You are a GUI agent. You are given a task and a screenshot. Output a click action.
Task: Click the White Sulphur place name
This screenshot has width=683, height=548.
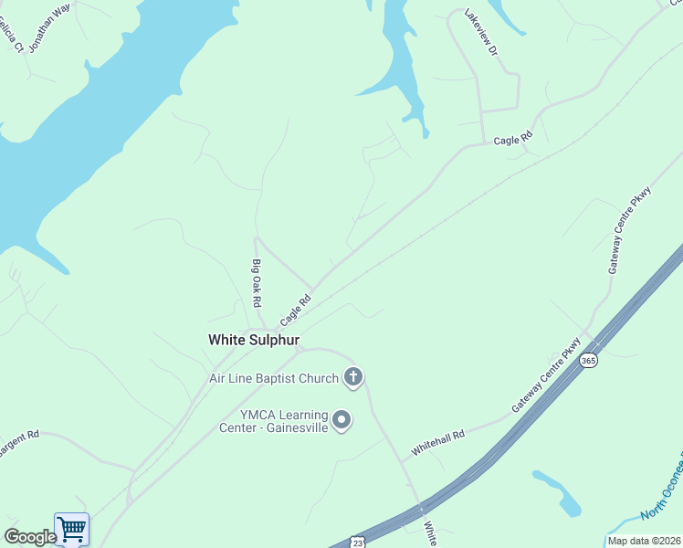coord(254,340)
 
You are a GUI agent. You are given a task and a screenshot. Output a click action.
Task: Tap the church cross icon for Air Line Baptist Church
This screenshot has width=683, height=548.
coord(353,376)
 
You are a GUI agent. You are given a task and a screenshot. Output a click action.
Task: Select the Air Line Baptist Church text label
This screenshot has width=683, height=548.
coord(274,377)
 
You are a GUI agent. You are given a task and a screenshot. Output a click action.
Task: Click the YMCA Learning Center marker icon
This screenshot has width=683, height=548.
coord(341,420)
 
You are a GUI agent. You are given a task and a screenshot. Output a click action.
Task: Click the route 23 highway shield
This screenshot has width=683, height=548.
coord(358,542)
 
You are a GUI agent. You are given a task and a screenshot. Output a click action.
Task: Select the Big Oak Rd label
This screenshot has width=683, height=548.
coord(257,283)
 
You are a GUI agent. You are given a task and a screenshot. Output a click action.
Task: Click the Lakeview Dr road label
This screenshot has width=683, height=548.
coord(480,34)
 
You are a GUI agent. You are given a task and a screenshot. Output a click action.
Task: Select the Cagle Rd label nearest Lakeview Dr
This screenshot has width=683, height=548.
coord(512,140)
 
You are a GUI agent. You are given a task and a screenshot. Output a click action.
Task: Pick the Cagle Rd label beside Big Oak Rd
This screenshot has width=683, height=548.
coord(296,310)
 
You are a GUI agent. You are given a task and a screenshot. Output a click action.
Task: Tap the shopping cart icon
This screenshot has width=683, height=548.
coord(71,528)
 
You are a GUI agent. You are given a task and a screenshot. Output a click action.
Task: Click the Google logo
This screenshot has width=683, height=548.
coord(29,537)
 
